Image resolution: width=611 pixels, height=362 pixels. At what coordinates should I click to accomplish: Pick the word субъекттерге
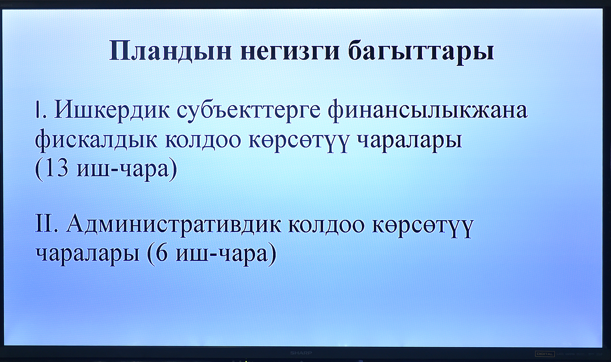(249, 112)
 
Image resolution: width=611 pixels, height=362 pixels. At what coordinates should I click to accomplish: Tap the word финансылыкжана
(427, 112)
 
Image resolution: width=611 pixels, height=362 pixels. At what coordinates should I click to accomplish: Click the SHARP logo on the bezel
(301, 353)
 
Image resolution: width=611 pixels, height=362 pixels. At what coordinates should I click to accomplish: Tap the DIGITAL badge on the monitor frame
(545, 354)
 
